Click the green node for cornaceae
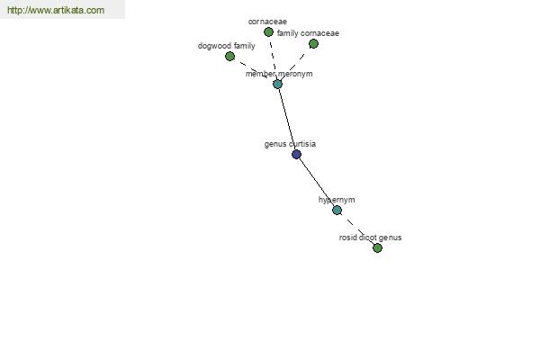[x=268, y=32]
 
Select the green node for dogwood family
[x=229, y=56]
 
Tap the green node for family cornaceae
[x=313, y=44]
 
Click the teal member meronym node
[x=277, y=84]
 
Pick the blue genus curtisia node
[x=296, y=154]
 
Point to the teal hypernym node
[x=337, y=210]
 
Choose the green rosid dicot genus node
[x=377, y=248]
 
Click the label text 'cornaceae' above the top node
[x=267, y=22]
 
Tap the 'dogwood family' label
[x=226, y=46]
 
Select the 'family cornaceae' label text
[x=308, y=33]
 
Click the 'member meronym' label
[x=279, y=74]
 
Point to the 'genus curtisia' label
[x=290, y=144]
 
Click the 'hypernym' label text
[x=337, y=200]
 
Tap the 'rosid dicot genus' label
[x=370, y=238]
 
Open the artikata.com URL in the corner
[x=56, y=10]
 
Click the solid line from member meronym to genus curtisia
[x=287, y=119]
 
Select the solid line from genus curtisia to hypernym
[x=317, y=182]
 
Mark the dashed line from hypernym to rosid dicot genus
[x=357, y=229]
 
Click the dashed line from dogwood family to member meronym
[x=254, y=70]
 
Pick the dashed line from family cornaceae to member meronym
[x=295, y=64]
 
